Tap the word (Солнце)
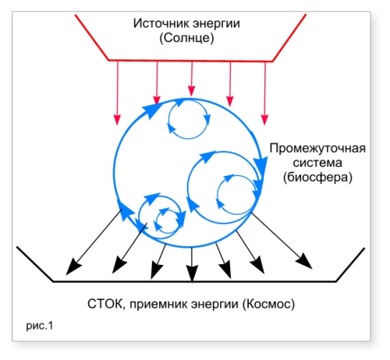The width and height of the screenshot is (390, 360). [186, 38]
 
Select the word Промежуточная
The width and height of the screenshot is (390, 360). [317, 149]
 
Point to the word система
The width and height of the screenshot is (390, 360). [317, 163]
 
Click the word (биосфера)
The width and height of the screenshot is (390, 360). [317, 178]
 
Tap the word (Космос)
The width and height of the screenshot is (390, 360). [268, 304]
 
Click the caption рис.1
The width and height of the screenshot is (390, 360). [40, 326]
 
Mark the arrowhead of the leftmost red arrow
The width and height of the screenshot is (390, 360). [118, 120]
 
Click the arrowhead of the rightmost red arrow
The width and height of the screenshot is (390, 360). [264, 120]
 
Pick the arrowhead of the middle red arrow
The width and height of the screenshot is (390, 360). [192, 90]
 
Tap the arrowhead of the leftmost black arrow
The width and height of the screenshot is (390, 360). [73, 267]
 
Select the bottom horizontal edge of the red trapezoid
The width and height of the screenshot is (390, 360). [190, 61]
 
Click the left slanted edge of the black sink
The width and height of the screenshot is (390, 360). [35, 264]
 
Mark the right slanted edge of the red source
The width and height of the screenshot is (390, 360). [289, 37]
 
